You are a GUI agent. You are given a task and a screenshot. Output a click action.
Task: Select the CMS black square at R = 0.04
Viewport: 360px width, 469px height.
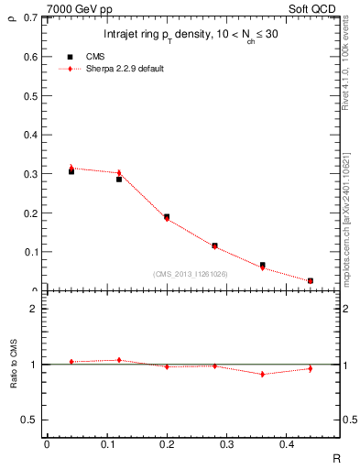point(71,171)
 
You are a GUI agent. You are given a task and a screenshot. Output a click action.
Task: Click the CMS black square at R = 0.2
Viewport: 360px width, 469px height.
point(167,217)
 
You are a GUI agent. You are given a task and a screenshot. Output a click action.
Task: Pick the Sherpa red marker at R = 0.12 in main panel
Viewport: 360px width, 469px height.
point(119,172)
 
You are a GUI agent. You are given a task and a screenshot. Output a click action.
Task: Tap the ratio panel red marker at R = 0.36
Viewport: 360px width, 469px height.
point(262,374)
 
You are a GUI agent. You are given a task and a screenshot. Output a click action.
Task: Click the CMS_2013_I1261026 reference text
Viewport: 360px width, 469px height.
point(191,274)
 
